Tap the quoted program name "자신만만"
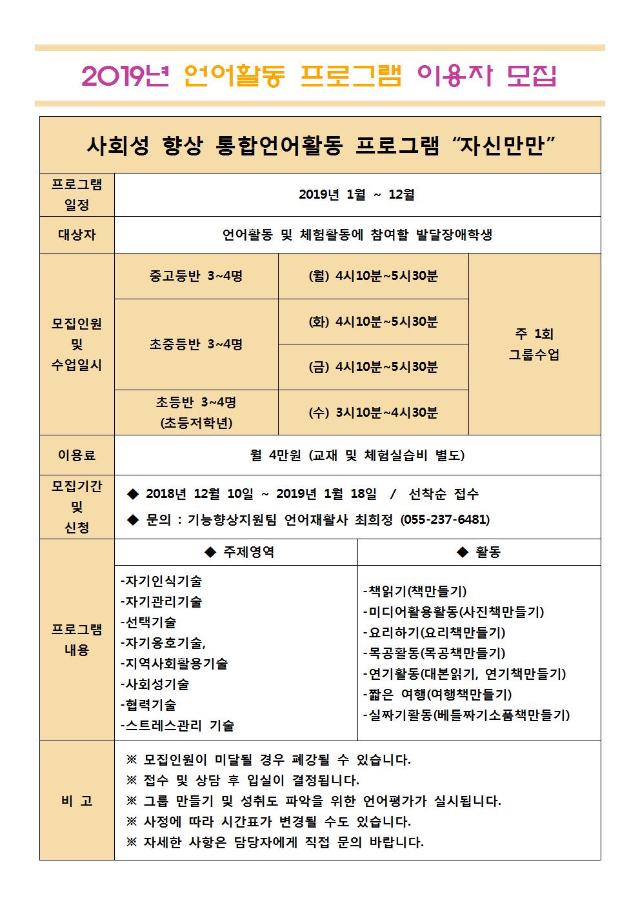pos(506,146)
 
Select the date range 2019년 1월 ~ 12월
pos(357,195)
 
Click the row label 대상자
pos(77,235)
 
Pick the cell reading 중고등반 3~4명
pos(195,276)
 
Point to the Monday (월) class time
pos(373,276)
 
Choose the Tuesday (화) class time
pos(373,321)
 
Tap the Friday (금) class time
pos(373,367)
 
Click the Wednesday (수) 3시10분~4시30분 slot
pos(373,413)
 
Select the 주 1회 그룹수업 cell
pos(534,344)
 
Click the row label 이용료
pos(77,455)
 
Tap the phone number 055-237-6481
pos(445,520)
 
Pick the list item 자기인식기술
pos(161,581)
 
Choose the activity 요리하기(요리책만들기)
pos(434,633)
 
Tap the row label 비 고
pos(77,801)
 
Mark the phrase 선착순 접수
pos(444,494)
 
